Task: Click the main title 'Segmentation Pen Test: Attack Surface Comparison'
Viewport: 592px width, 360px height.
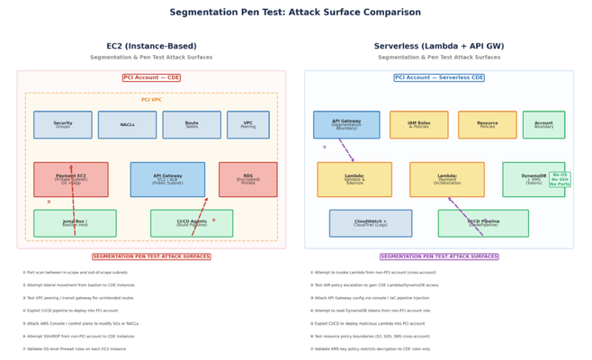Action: [x=295, y=13]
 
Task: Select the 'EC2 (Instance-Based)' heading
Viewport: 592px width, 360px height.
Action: [x=151, y=46]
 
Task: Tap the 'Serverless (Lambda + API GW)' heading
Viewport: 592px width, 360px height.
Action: [x=439, y=46]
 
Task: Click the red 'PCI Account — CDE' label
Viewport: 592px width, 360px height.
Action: [x=151, y=77]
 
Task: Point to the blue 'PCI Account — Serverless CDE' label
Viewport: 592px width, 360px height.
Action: [x=439, y=77]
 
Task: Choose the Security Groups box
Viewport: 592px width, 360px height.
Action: [x=63, y=125]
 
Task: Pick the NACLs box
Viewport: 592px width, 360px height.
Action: [x=127, y=125]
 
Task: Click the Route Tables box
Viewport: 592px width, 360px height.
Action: [x=192, y=125]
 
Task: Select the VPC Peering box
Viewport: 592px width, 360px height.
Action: [x=248, y=125]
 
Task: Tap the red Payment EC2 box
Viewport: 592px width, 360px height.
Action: [x=71, y=179]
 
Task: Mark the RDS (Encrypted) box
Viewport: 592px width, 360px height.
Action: [x=248, y=179]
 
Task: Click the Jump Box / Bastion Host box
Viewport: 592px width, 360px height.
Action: [x=75, y=223]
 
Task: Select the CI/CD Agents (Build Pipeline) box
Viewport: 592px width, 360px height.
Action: [x=192, y=223]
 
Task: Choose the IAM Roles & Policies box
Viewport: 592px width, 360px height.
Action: [x=418, y=125]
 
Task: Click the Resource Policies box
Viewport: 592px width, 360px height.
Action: [x=487, y=125]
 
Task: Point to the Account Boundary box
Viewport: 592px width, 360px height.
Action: [x=543, y=125]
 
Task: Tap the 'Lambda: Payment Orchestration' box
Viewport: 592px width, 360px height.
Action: [x=447, y=179]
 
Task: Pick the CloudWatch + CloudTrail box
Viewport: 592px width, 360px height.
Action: [x=371, y=223]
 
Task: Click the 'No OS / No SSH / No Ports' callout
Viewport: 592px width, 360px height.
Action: [x=561, y=179]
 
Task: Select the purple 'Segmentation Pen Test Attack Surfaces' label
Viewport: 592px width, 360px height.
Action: [x=439, y=256]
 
